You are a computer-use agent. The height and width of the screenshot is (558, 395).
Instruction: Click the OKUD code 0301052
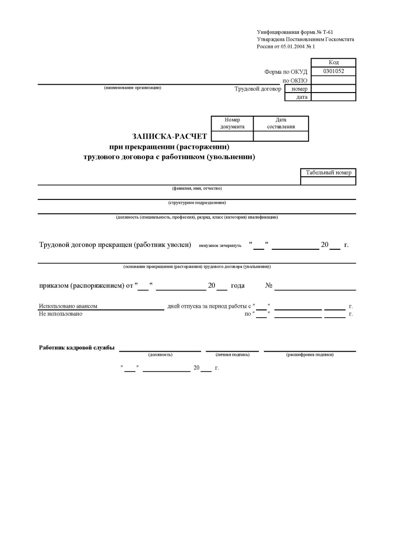click(x=333, y=71)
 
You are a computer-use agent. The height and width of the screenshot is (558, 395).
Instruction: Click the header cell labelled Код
click(x=333, y=62)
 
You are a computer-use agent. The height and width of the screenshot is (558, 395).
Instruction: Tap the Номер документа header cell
click(x=232, y=123)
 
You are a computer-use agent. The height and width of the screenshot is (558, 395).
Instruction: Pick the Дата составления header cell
click(x=281, y=123)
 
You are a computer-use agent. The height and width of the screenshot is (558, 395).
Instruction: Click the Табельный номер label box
click(x=328, y=173)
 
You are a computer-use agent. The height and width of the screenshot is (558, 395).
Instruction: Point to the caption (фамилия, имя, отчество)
click(x=197, y=188)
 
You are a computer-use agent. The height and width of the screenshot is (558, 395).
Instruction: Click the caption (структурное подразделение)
click(x=197, y=203)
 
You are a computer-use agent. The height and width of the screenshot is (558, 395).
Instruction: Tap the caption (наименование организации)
click(x=133, y=87)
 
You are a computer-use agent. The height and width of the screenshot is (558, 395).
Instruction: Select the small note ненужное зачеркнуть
click(x=220, y=246)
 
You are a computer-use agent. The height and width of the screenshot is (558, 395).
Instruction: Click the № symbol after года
click(x=268, y=286)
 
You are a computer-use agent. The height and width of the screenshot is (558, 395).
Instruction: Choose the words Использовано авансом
click(x=68, y=306)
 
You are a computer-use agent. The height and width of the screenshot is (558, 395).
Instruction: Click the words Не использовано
click(x=60, y=314)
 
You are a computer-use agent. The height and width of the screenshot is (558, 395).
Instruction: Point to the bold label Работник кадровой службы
click(x=77, y=348)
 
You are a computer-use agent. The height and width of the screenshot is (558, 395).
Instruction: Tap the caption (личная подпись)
click(x=232, y=355)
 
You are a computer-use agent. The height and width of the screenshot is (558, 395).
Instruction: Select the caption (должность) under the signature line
click(x=160, y=355)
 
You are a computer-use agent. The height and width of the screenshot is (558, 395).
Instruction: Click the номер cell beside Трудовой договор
click(x=299, y=88)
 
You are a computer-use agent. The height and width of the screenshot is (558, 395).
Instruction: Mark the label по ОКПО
click(x=295, y=80)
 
